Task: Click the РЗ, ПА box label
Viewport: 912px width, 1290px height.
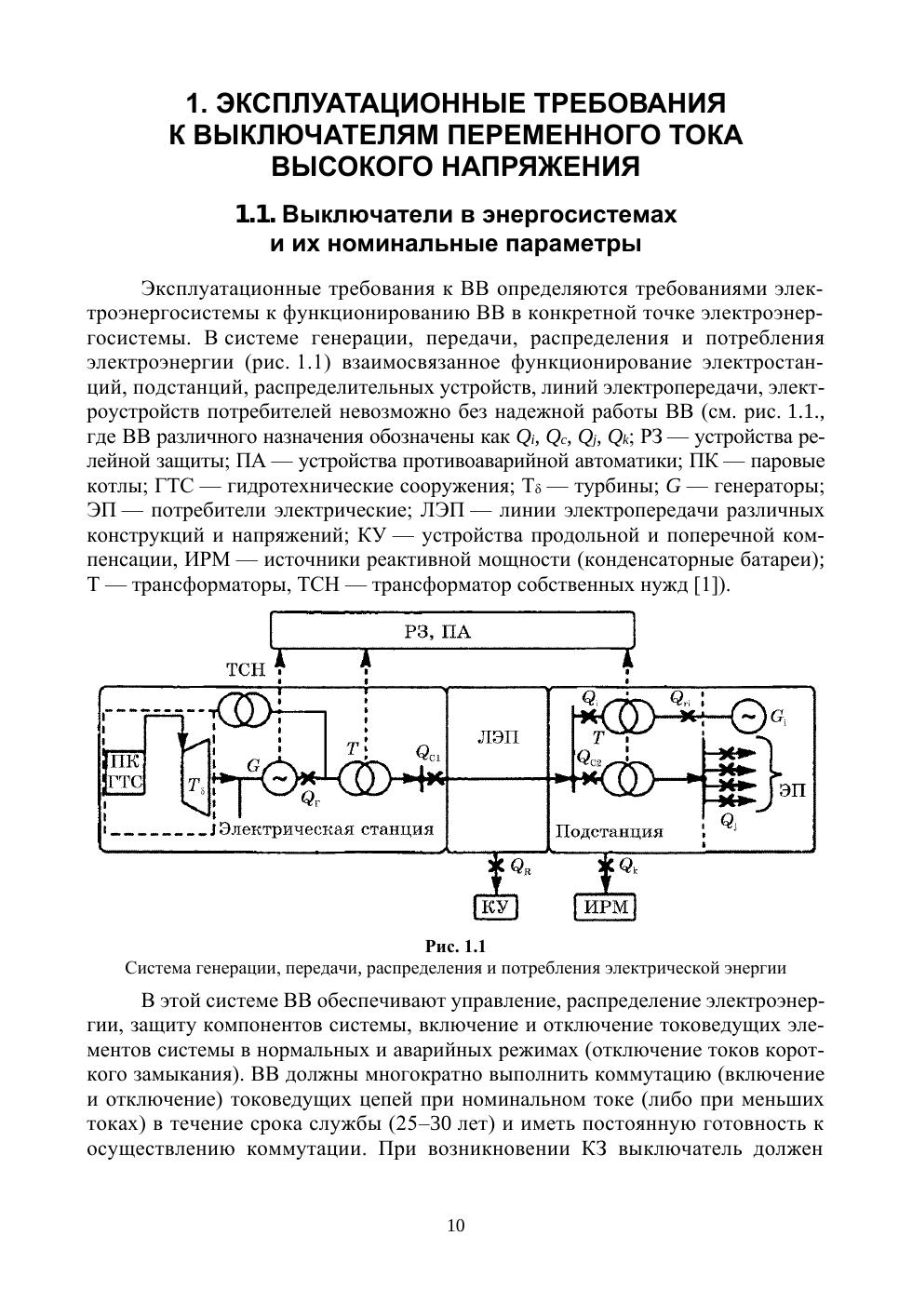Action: [x=437, y=633]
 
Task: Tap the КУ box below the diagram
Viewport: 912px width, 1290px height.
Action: [x=496, y=906]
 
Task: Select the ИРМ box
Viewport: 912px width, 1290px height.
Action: [x=606, y=906]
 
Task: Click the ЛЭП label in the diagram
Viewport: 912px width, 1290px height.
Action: [x=498, y=737]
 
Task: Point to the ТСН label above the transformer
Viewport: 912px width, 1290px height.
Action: [x=246, y=669]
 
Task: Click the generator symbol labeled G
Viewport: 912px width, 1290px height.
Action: [x=278, y=777]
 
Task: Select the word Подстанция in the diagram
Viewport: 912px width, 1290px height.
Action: [x=609, y=831]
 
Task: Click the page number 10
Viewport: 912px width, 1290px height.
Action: [x=456, y=1225]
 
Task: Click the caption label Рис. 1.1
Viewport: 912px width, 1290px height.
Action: [x=455, y=947]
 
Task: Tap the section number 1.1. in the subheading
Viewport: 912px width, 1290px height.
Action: [x=255, y=214]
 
